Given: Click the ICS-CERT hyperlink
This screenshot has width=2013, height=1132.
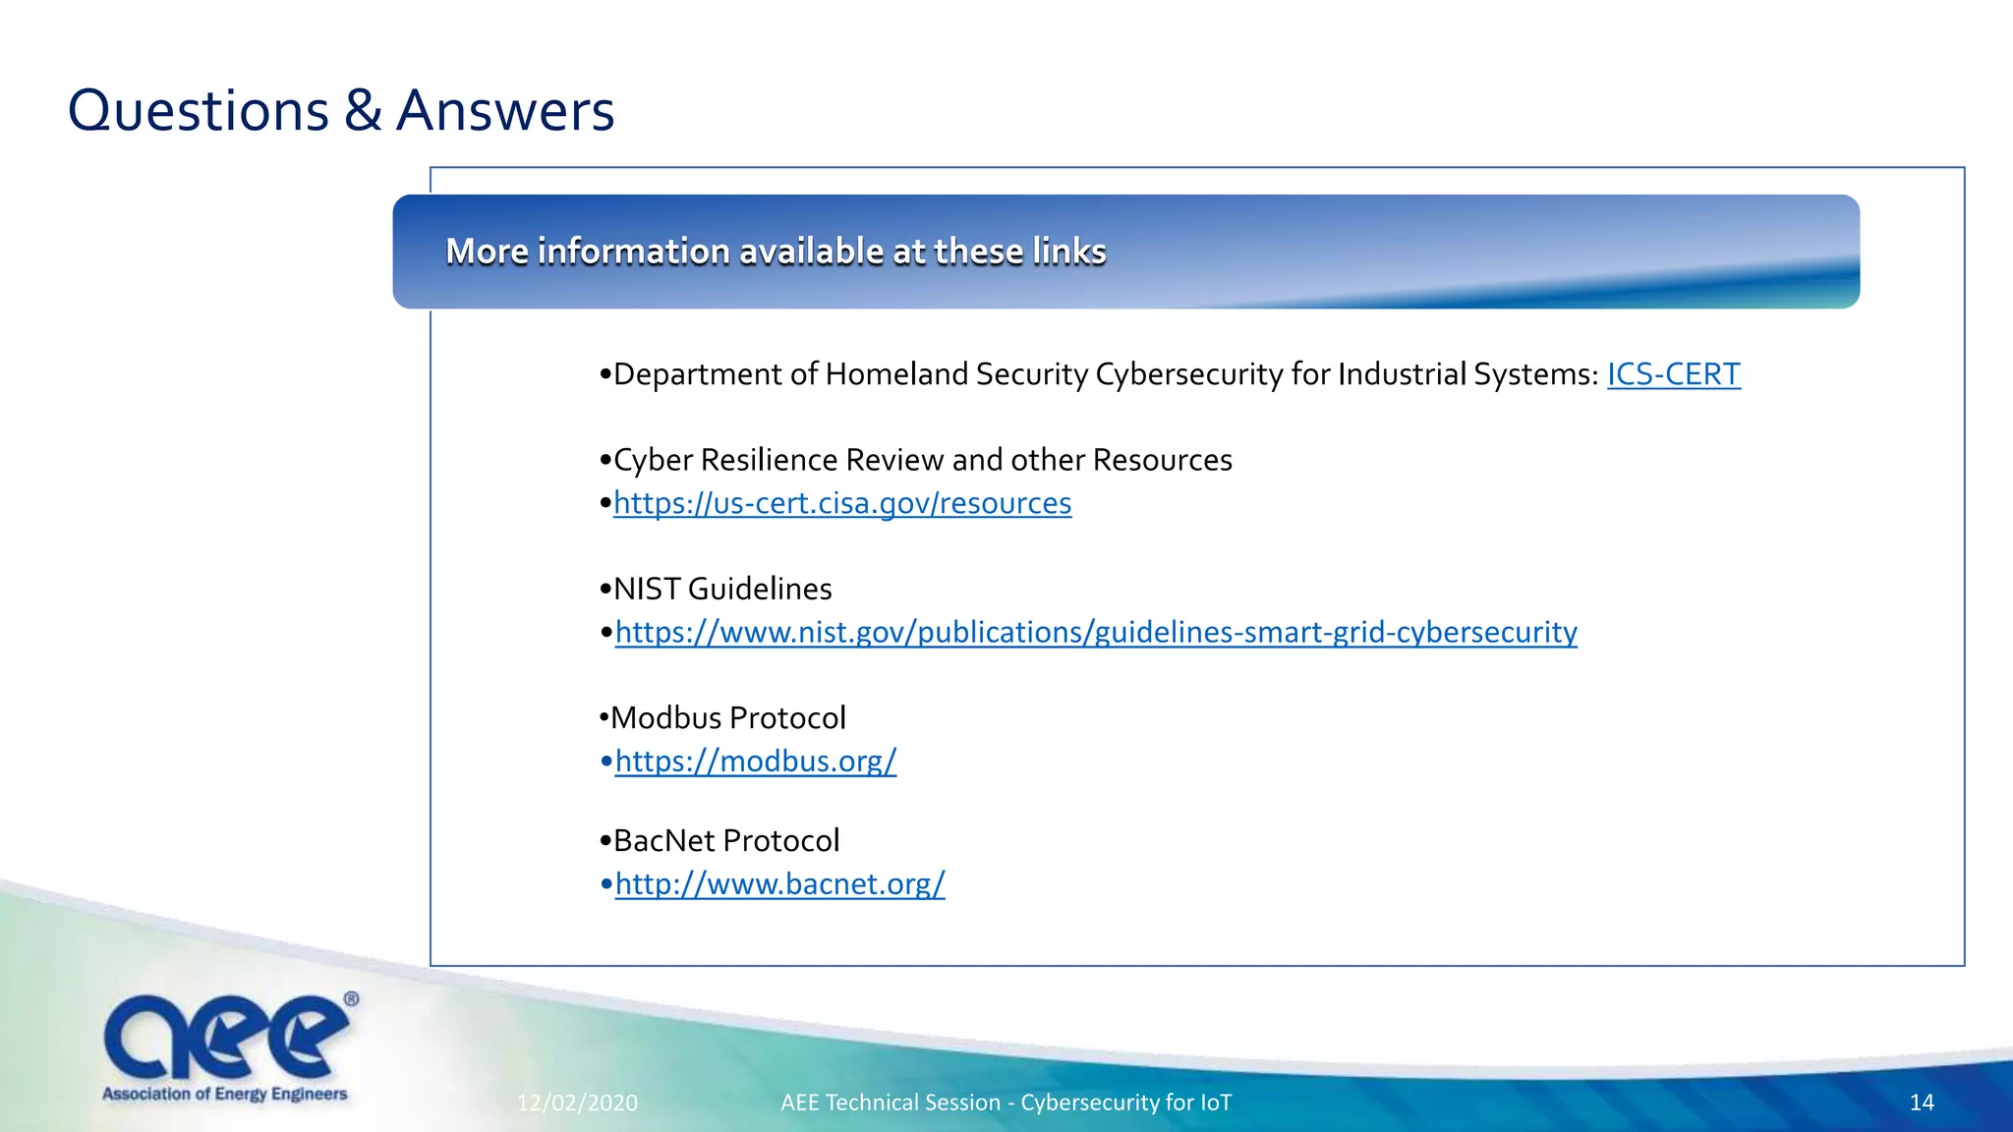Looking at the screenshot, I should point(1673,374).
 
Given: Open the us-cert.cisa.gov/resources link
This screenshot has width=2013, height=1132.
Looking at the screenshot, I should point(842,503).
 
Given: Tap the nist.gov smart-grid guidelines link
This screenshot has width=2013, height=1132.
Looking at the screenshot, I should point(1096,632).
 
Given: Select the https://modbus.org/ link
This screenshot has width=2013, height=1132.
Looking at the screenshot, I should point(755,762).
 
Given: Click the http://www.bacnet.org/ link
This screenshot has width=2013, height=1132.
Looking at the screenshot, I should point(779,884).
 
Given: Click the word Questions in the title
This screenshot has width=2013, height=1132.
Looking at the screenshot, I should point(198,110).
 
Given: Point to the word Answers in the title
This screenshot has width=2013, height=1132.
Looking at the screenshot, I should point(505,110).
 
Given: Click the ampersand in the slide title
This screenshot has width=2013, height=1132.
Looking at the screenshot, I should point(363,110).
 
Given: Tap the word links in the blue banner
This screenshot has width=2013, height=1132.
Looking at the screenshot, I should point(1068,252).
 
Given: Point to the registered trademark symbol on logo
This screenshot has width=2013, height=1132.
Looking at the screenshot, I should point(351,999).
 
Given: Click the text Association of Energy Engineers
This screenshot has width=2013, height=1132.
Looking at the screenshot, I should point(225,1094).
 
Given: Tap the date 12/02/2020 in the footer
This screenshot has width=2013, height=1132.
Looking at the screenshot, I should point(577,1103).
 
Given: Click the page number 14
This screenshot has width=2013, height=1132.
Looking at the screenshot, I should point(1921,1103).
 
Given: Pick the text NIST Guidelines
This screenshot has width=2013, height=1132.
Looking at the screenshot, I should point(721,589).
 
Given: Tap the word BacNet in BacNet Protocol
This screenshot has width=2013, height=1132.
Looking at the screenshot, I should point(663,841).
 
